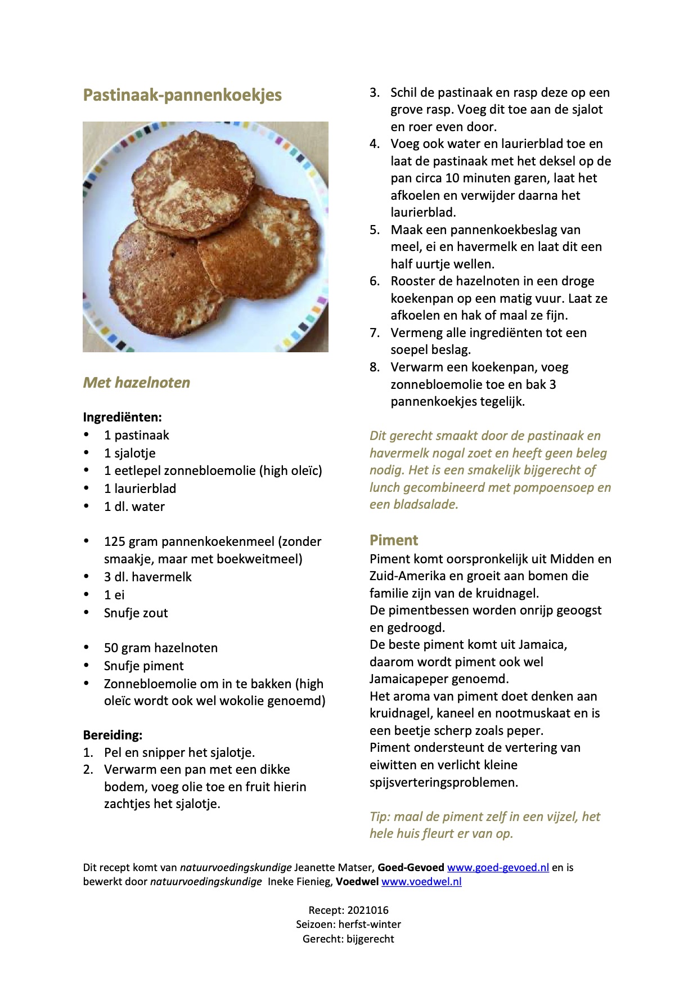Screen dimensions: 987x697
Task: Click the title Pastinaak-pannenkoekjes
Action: click(x=182, y=95)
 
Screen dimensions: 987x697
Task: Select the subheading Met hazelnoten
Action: click(x=137, y=383)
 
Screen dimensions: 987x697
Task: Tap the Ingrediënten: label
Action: click(x=122, y=417)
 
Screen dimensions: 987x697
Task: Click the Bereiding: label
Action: click(x=113, y=735)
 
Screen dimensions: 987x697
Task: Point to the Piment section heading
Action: click(x=394, y=540)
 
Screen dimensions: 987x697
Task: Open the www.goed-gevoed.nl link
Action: click(x=498, y=867)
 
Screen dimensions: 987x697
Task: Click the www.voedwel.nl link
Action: click(x=421, y=881)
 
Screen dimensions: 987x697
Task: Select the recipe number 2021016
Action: click(x=368, y=910)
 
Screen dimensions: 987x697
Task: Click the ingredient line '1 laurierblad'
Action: click(x=140, y=488)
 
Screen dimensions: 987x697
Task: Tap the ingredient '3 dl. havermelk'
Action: click(x=147, y=577)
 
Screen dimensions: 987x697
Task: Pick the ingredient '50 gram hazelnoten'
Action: click(x=160, y=648)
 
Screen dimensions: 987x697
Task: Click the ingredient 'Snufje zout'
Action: click(x=136, y=613)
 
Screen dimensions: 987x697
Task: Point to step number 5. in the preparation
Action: click(x=375, y=230)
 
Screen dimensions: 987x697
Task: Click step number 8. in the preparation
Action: click(x=375, y=367)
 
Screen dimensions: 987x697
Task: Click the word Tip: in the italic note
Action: click(x=380, y=816)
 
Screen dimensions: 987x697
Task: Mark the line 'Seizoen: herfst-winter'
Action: click(x=348, y=924)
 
